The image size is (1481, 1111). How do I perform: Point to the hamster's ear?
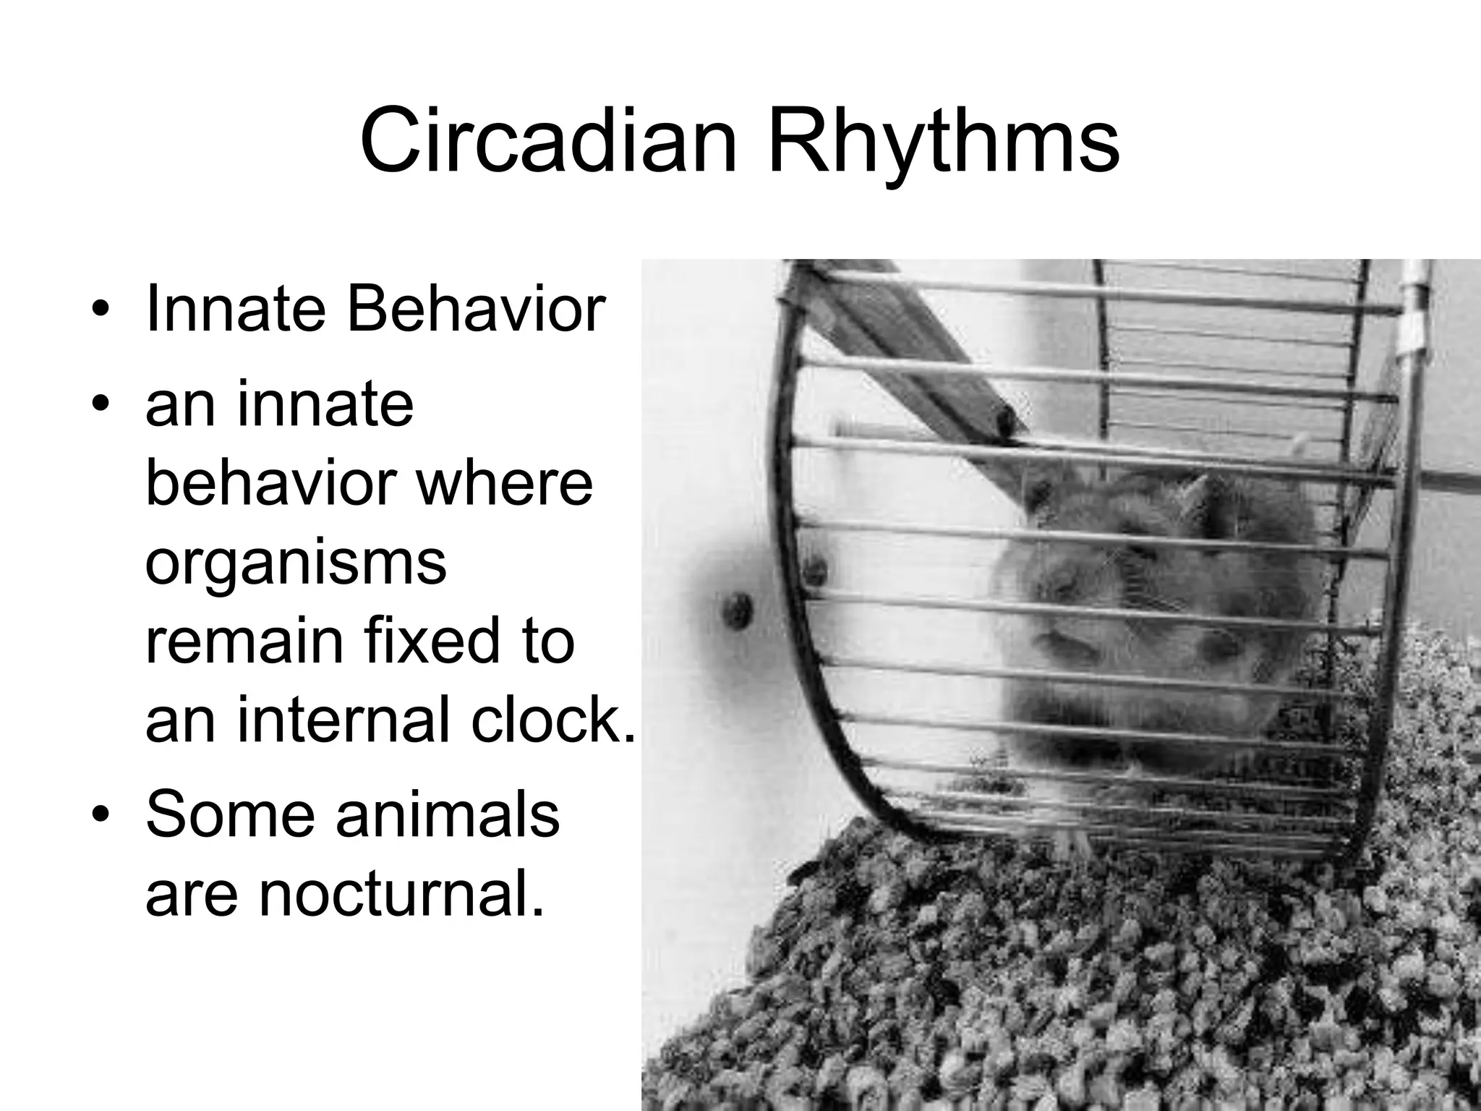(x=1197, y=492)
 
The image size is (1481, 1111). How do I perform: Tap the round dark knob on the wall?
(x=738, y=609)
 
